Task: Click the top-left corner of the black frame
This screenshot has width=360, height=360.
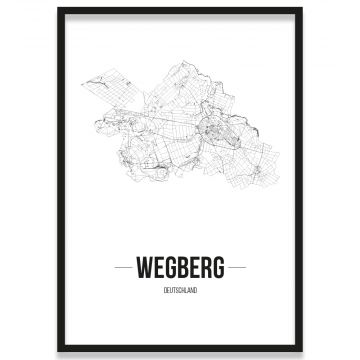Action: pyautogui.click(x=58, y=9)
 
